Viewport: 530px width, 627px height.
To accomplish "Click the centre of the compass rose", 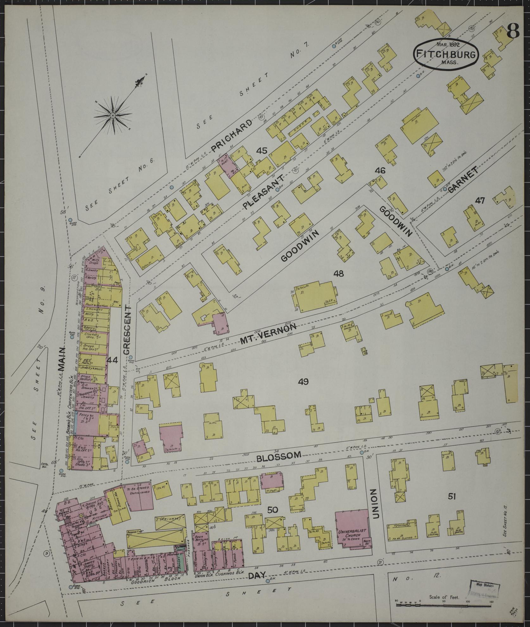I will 112,116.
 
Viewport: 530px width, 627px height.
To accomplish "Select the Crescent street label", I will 127,330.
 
